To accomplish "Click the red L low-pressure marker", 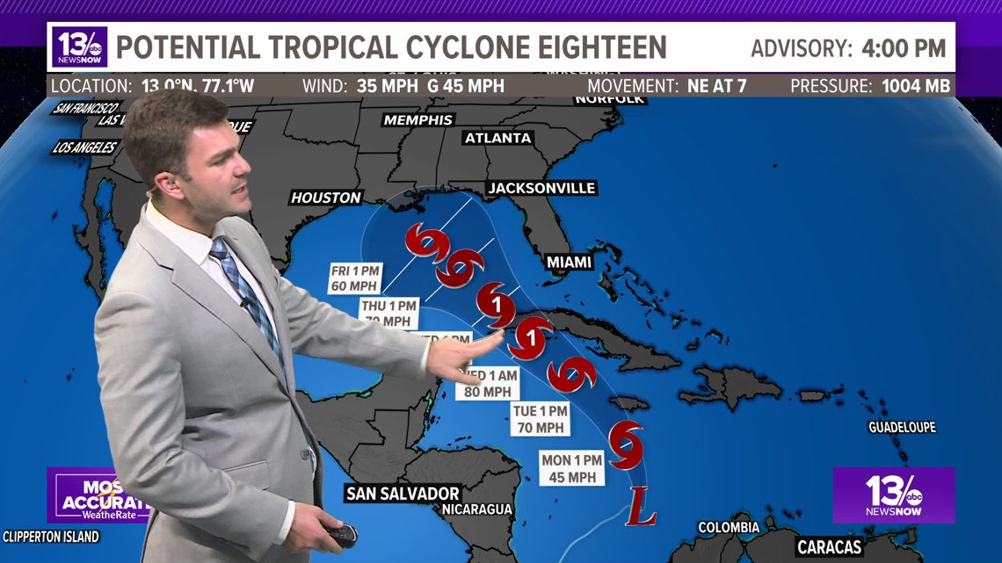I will (x=641, y=506).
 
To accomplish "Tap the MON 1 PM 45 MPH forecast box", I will (x=571, y=467).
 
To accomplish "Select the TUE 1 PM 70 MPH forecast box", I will (x=541, y=419).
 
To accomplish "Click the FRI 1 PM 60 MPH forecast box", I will (x=353, y=277).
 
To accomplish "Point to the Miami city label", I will (x=568, y=262).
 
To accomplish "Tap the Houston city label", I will (x=326, y=198).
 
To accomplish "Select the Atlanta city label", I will (x=497, y=138).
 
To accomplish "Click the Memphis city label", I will (x=418, y=119).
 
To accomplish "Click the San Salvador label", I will (x=403, y=494).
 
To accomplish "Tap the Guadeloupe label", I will (x=902, y=428).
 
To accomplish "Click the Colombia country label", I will (x=728, y=527).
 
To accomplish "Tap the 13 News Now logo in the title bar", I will (x=79, y=47).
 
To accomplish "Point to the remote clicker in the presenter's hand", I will (x=342, y=535).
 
